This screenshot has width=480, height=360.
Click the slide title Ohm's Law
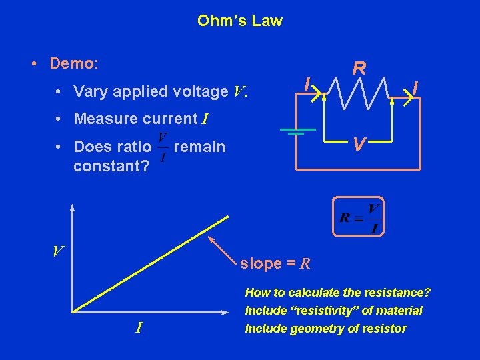tap(240, 21)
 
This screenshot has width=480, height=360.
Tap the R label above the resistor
tap(359, 68)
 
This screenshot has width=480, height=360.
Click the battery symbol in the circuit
tap(291, 131)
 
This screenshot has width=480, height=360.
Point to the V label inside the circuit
tap(359, 144)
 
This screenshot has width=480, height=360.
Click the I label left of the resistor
tap(306, 84)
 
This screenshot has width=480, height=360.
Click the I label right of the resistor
tap(415, 87)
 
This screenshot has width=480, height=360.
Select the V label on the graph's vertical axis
tap(59, 251)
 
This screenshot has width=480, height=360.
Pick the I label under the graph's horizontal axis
tap(139, 327)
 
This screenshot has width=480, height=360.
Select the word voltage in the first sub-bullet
tap(203, 91)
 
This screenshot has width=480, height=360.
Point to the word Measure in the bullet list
tap(103, 119)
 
